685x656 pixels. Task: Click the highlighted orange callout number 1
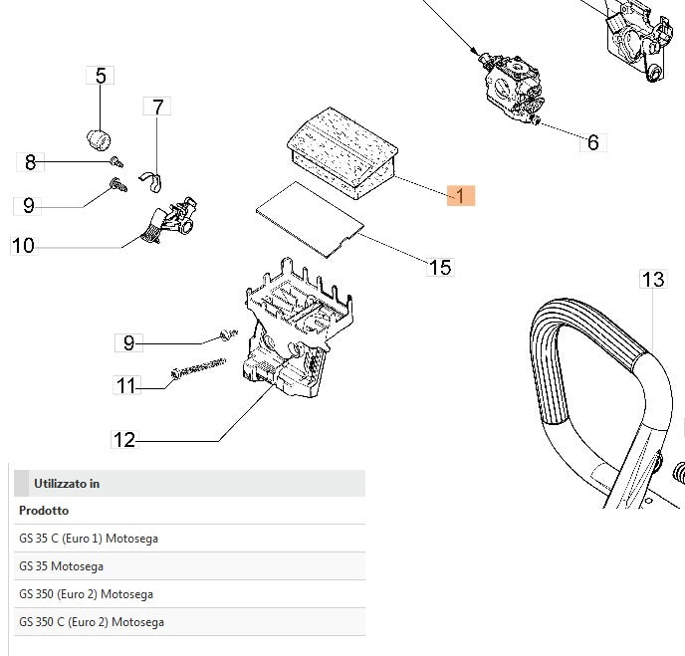pyautogui.click(x=462, y=195)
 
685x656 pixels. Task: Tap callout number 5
pyautogui.click(x=101, y=76)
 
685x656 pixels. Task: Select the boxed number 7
pyautogui.click(x=158, y=107)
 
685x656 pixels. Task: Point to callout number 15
pyautogui.click(x=439, y=267)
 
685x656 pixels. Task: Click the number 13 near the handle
pyautogui.click(x=652, y=280)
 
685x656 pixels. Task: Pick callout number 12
pyautogui.click(x=124, y=439)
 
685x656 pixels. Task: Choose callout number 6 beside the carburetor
pyautogui.click(x=592, y=142)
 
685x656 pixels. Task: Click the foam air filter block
pyautogui.click(x=341, y=148)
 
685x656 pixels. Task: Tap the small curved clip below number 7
pyautogui.click(x=152, y=178)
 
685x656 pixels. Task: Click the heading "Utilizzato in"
pyautogui.click(x=67, y=484)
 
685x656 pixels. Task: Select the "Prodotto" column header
pyautogui.click(x=44, y=511)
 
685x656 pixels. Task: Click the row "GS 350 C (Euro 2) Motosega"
pyautogui.click(x=92, y=622)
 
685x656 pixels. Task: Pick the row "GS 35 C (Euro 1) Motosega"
pyautogui.click(x=88, y=539)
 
